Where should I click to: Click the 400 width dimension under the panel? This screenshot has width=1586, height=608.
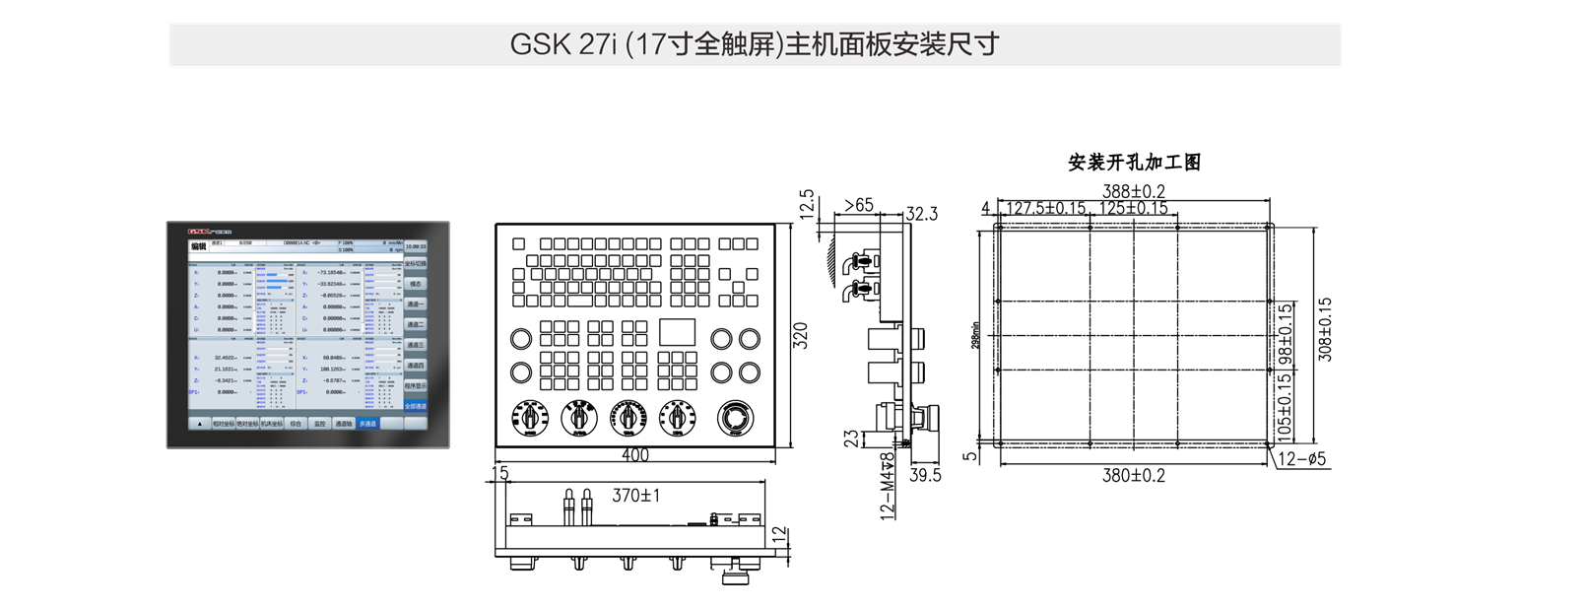[x=635, y=455]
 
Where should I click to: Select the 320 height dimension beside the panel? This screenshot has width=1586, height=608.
[x=800, y=335]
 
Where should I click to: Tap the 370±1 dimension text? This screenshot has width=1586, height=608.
[x=635, y=496]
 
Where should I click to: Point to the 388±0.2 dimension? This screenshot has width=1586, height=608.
[x=1133, y=191]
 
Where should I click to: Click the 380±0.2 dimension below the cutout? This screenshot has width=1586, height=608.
[x=1133, y=475]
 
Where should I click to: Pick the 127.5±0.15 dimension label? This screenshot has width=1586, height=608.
[x=1046, y=208]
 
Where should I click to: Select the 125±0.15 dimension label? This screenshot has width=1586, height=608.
[x=1133, y=208]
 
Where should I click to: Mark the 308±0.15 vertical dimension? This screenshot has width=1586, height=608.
[x=1325, y=329]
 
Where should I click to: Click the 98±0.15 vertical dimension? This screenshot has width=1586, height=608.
[x=1285, y=335]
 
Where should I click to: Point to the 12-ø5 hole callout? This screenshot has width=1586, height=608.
[x=1301, y=459]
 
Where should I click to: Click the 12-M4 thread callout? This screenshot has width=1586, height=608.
[x=888, y=485]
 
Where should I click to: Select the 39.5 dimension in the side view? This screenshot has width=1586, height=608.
[x=925, y=475]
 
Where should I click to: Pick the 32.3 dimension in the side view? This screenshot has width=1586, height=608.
[x=922, y=214]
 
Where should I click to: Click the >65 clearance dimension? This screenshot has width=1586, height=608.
[x=858, y=205]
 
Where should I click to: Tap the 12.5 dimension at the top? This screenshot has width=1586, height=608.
[x=807, y=204]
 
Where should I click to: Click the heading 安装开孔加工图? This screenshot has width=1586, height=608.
[x=1134, y=163]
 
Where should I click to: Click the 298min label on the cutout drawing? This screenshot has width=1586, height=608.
[x=975, y=335]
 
